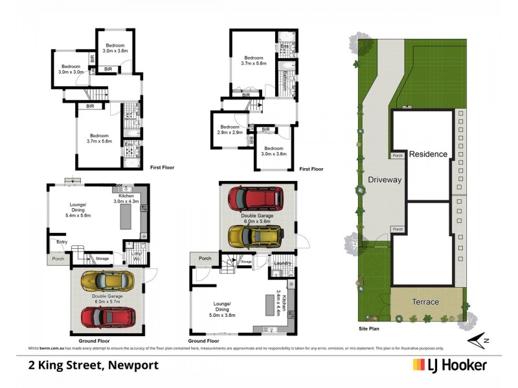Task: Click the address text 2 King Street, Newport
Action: coord(93,365)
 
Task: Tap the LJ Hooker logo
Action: coord(449,365)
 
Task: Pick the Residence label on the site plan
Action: coord(428,154)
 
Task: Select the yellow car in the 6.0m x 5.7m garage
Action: coord(107,281)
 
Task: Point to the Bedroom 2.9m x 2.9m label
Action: coord(231,129)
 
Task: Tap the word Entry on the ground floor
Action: coord(62,242)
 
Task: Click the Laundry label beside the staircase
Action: coord(281,263)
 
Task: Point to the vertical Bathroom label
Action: coord(284,81)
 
